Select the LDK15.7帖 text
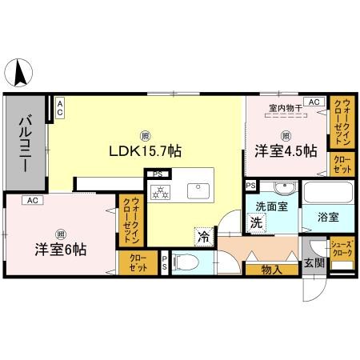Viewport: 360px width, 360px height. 144,149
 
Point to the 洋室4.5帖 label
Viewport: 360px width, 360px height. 286,150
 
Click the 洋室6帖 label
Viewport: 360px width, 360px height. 60,248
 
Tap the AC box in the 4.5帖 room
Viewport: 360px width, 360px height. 314,102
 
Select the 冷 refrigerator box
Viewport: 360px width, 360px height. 203,236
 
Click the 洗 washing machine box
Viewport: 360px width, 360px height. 258,222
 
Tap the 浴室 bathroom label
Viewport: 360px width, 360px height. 329,216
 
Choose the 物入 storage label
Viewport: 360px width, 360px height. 271,270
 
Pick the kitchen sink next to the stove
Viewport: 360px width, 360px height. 197,191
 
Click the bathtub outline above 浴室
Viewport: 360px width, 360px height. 328,194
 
